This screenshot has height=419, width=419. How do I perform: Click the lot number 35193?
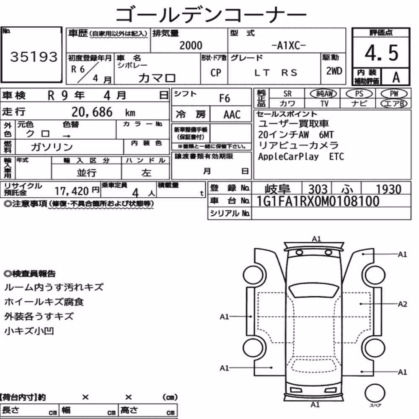(34, 57)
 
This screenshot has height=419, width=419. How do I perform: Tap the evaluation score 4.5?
(382, 53)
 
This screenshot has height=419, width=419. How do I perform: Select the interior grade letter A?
(396, 78)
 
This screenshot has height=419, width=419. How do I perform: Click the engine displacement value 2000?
(191, 45)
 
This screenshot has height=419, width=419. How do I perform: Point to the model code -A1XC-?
(289, 46)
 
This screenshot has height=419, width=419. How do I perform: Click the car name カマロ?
(157, 78)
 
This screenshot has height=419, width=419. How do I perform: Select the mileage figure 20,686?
(92, 112)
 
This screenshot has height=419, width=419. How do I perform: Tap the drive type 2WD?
(334, 71)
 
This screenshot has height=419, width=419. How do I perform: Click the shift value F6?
(225, 98)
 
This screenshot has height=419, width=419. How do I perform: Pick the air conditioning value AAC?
(232, 115)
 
